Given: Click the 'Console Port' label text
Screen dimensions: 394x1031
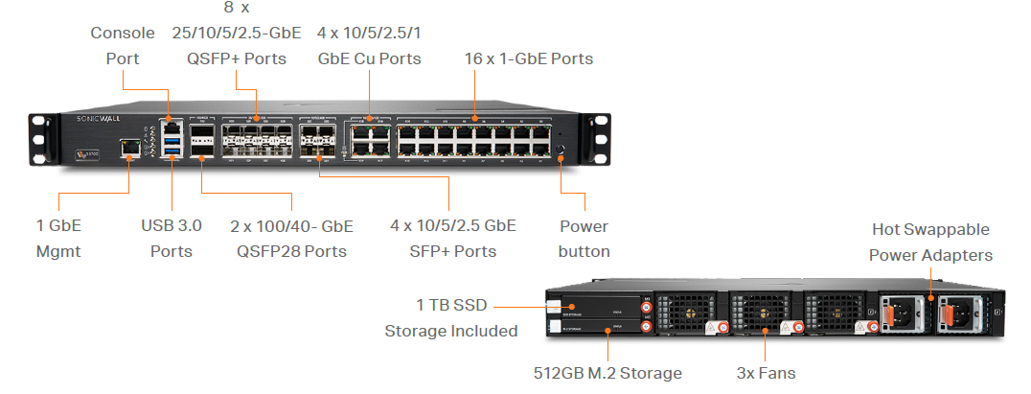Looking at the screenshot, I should [123, 45].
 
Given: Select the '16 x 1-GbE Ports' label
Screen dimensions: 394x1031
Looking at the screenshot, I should [528, 58].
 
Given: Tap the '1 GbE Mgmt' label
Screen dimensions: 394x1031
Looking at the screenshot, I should [58, 239].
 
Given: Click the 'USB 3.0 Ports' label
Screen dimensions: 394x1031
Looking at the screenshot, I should [172, 239].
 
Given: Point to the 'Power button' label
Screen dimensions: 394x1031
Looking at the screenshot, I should [584, 239].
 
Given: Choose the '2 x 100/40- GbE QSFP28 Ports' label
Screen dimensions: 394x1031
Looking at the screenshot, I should [291, 239].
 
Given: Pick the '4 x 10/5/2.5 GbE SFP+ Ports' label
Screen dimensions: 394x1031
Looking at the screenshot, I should [454, 239].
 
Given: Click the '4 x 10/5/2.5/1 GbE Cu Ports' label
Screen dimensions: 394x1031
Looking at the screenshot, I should [369, 45].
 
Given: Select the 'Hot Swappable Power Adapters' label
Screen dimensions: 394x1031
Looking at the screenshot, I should [930, 243].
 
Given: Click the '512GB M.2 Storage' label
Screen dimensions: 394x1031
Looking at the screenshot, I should [607, 373].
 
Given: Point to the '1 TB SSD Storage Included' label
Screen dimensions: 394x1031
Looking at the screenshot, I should [451, 318].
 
